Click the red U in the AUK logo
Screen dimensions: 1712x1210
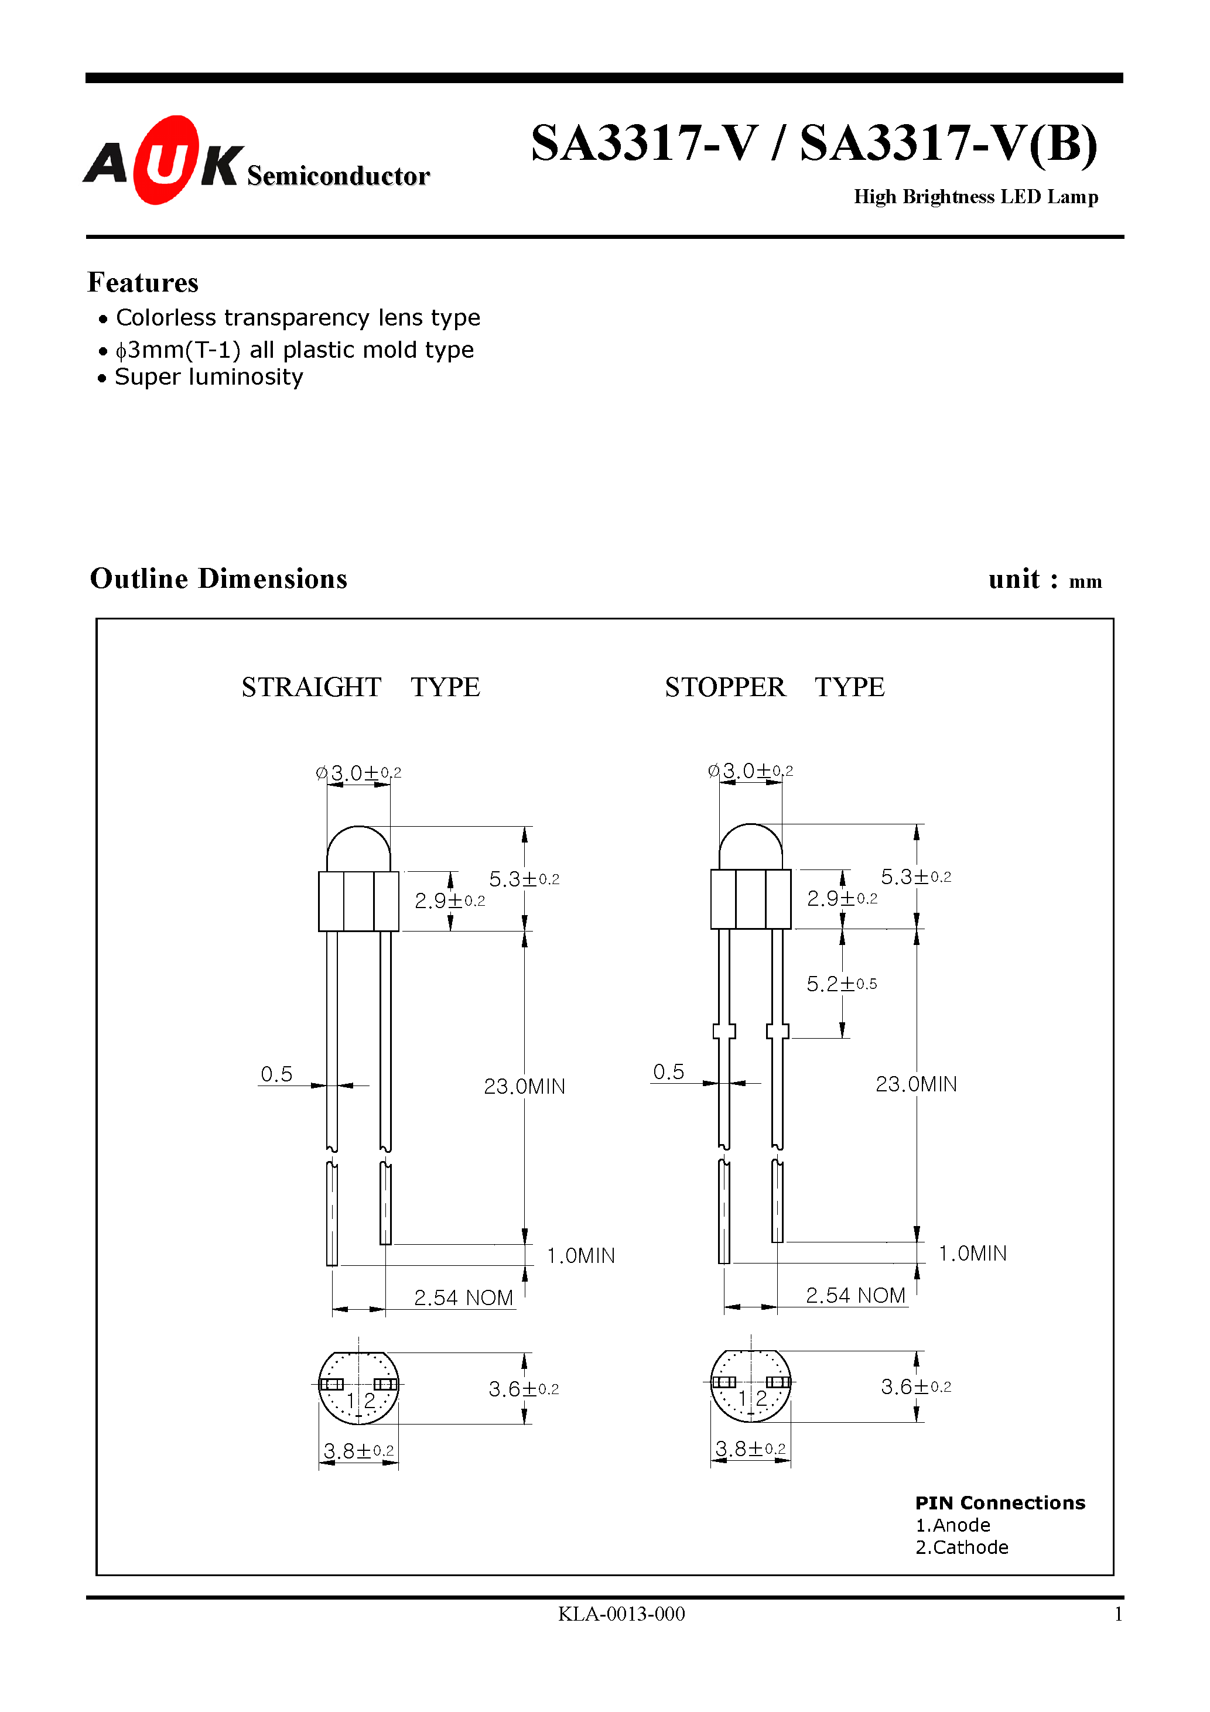(x=166, y=160)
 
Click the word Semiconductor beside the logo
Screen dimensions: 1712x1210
(x=338, y=176)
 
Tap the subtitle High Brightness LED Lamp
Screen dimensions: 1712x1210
(x=975, y=197)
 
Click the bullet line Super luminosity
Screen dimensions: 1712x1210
(x=209, y=377)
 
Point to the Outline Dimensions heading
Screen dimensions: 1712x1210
(x=218, y=578)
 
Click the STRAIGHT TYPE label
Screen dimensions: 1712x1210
(x=360, y=687)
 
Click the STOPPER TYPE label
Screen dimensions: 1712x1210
(x=774, y=687)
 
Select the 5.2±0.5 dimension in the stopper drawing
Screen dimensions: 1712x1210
(x=841, y=984)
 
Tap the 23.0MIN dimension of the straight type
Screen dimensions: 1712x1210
(x=524, y=1087)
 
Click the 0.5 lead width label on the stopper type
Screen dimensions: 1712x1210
(x=668, y=1072)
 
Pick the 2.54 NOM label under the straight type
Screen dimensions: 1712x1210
(x=463, y=1298)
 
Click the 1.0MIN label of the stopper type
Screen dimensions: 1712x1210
(x=972, y=1254)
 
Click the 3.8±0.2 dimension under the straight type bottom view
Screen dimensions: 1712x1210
(x=358, y=1451)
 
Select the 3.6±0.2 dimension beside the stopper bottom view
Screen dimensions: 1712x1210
(x=915, y=1387)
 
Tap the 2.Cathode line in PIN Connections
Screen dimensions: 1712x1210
(x=962, y=1547)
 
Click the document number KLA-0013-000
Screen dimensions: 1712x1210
(x=621, y=1614)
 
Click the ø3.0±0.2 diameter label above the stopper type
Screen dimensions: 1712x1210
(x=750, y=771)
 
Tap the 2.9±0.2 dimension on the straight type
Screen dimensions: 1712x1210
(x=449, y=900)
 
